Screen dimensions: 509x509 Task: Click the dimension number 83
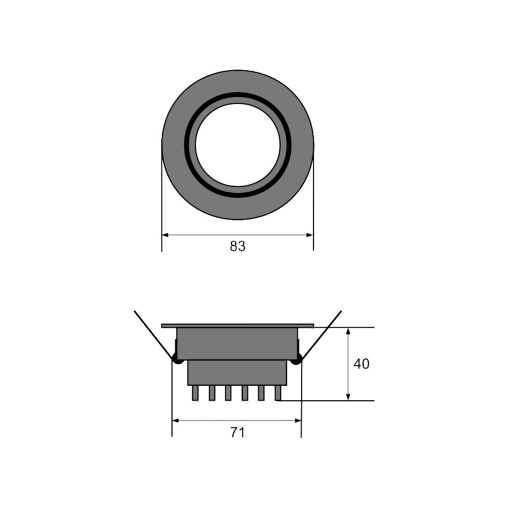pyautogui.click(x=238, y=247)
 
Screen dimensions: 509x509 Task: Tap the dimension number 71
pyautogui.click(x=238, y=433)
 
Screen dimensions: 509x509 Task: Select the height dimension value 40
pyautogui.click(x=361, y=364)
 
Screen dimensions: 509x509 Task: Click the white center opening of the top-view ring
pyautogui.click(x=238, y=145)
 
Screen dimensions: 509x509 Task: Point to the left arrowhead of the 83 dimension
pyautogui.click(x=165, y=235)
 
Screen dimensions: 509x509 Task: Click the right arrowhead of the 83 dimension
pyautogui.click(x=310, y=235)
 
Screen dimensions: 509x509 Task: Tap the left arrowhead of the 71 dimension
pyautogui.click(x=175, y=420)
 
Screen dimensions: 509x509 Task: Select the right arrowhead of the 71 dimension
pyautogui.click(x=297, y=420)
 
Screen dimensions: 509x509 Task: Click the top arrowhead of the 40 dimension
pyautogui.click(x=348, y=331)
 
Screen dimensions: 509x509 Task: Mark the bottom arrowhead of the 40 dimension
pyautogui.click(x=348, y=397)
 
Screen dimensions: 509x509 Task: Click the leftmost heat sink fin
pyautogui.click(x=195, y=393)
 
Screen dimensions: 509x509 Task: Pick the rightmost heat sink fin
pyautogui.click(x=278, y=393)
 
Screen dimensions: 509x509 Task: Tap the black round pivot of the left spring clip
pyautogui.click(x=177, y=359)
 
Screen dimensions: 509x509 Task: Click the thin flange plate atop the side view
pyautogui.click(x=238, y=326)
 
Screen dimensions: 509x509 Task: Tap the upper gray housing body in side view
pyautogui.click(x=238, y=344)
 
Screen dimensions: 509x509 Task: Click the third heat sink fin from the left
pyautogui.click(x=228, y=393)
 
